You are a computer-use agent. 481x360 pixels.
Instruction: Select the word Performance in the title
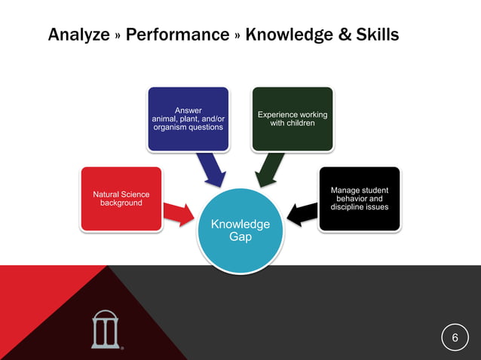click(178, 35)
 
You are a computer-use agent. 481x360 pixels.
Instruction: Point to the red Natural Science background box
click(121, 199)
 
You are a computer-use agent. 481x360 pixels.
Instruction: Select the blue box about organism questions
click(188, 119)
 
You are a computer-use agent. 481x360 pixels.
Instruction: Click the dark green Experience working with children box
click(293, 119)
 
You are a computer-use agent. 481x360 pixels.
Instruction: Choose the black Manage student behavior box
click(360, 199)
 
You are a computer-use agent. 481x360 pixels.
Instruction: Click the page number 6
click(455, 338)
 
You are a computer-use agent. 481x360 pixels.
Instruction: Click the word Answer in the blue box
click(188, 110)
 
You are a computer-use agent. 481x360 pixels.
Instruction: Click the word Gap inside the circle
click(240, 236)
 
